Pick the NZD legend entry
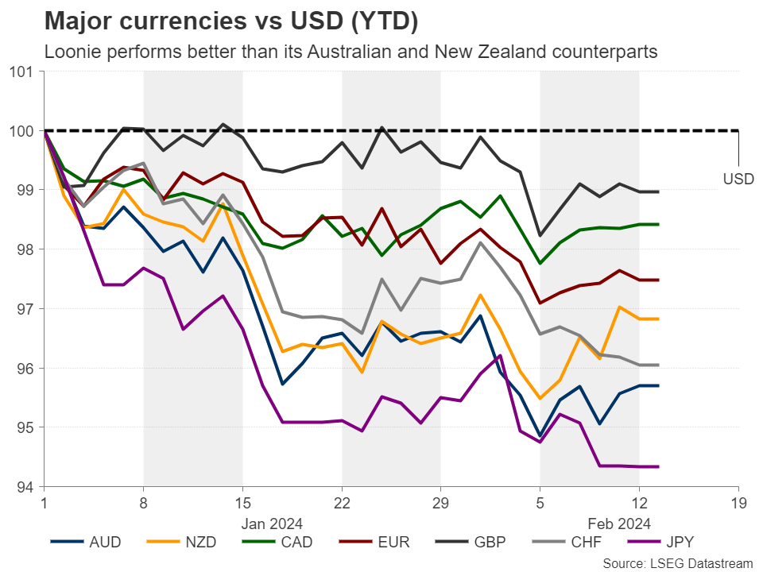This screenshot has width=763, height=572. coord(198,543)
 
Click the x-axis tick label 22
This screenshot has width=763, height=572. coord(342,503)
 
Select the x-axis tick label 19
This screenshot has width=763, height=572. coord(738,503)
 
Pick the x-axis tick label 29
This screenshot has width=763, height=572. coord(441,503)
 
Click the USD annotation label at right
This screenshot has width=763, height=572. coord(738,180)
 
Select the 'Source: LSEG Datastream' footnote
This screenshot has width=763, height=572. coord(677,562)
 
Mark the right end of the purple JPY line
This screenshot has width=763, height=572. coord(658,466)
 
